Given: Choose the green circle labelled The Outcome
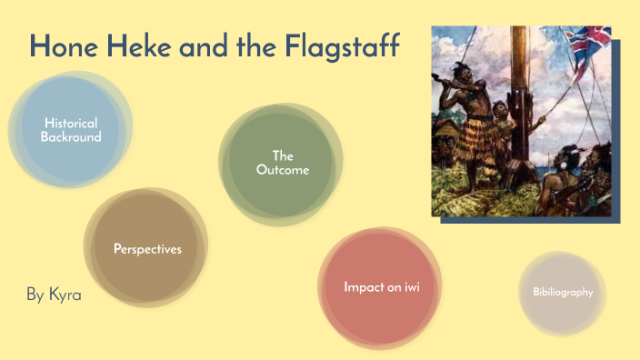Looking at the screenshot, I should point(282,163).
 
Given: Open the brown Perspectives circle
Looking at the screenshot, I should point(146,248).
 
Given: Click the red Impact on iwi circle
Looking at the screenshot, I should point(380,287).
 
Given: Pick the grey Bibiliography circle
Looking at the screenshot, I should point(563,293).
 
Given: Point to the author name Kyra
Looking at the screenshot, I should point(65,295).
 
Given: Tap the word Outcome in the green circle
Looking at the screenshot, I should point(282,170).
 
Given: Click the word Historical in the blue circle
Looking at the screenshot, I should point(70,123).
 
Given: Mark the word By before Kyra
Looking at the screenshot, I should point(35,295).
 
